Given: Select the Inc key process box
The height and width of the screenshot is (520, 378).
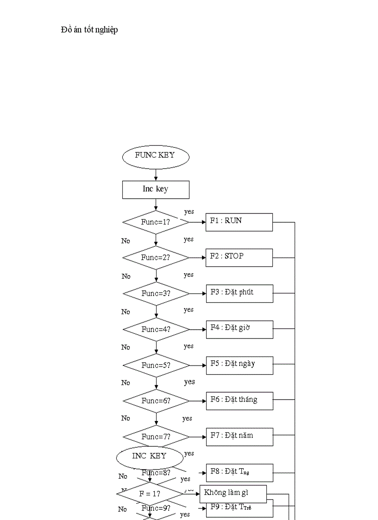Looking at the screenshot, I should coord(156,189).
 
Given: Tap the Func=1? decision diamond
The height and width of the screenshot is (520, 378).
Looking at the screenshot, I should coord(156,222).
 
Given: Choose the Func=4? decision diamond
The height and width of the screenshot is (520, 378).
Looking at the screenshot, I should coord(156,329).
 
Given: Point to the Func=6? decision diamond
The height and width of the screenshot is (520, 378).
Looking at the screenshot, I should coord(156,401).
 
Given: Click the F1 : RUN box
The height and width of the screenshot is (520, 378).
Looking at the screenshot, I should coord(239,222).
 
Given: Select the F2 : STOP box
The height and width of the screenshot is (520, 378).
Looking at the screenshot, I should coord(239,257).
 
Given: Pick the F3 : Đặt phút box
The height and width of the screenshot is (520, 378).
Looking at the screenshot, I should coord(239,293).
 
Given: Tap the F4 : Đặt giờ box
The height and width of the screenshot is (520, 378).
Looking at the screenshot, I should coord(239,329).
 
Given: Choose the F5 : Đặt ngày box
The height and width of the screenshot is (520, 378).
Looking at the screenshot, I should coord(239,365).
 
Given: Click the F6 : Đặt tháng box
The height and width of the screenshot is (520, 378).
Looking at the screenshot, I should coord(239,401).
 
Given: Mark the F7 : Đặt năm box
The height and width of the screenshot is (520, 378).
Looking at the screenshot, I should coord(239,436).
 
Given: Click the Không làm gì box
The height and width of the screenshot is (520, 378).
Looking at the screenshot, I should coord(233,494).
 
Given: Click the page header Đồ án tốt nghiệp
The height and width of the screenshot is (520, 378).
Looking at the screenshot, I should coord(89,30).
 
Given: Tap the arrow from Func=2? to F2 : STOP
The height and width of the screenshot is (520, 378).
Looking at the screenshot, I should coord(198,257).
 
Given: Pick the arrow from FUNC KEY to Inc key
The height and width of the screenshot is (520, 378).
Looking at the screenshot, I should coord(156,174).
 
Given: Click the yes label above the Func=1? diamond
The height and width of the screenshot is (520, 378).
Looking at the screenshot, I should coord(189,212).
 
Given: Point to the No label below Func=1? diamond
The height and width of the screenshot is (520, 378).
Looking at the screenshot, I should coord(126,241).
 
